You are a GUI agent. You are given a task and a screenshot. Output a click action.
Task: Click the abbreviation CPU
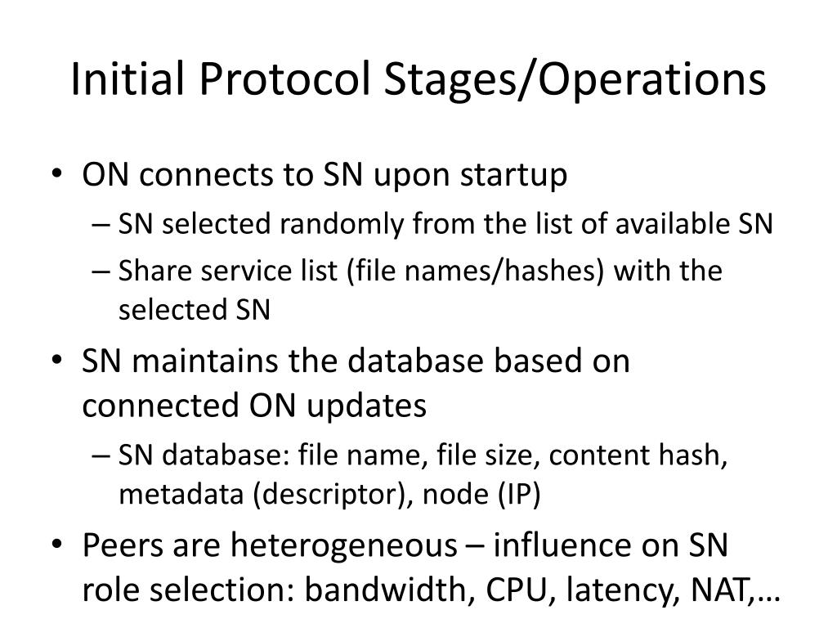pyautogui.click(x=508, y=590)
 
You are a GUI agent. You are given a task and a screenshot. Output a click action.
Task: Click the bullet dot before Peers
pyautogui.click(x=63, y=545)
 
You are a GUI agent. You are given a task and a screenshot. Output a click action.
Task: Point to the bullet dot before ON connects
pyautogui.click(x=63, y=176)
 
